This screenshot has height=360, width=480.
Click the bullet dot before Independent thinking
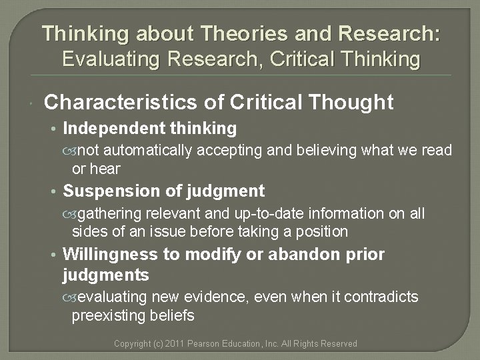click(x=55, y=128)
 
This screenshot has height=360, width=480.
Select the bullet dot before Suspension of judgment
click(x=55, y=192)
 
